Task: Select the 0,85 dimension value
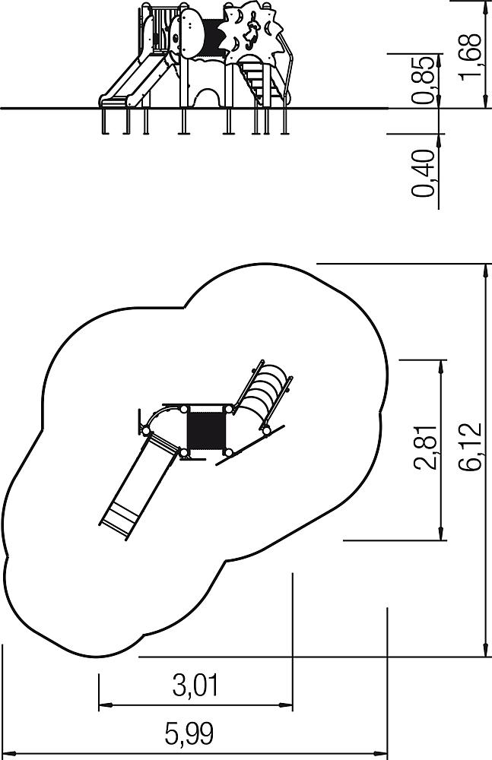tap(422, 80)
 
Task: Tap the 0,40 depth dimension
tap(422, 173)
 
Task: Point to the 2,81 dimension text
tap(426, 448)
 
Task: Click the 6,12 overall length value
tap(470, 446)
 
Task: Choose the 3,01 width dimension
tap(195, 686)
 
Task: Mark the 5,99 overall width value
tap(189, 733)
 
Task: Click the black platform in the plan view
tap(206, 430)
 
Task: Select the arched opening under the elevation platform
tap(208, 97)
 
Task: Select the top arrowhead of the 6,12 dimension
tap(487, 271)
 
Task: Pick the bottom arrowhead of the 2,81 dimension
tap(440, 533)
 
